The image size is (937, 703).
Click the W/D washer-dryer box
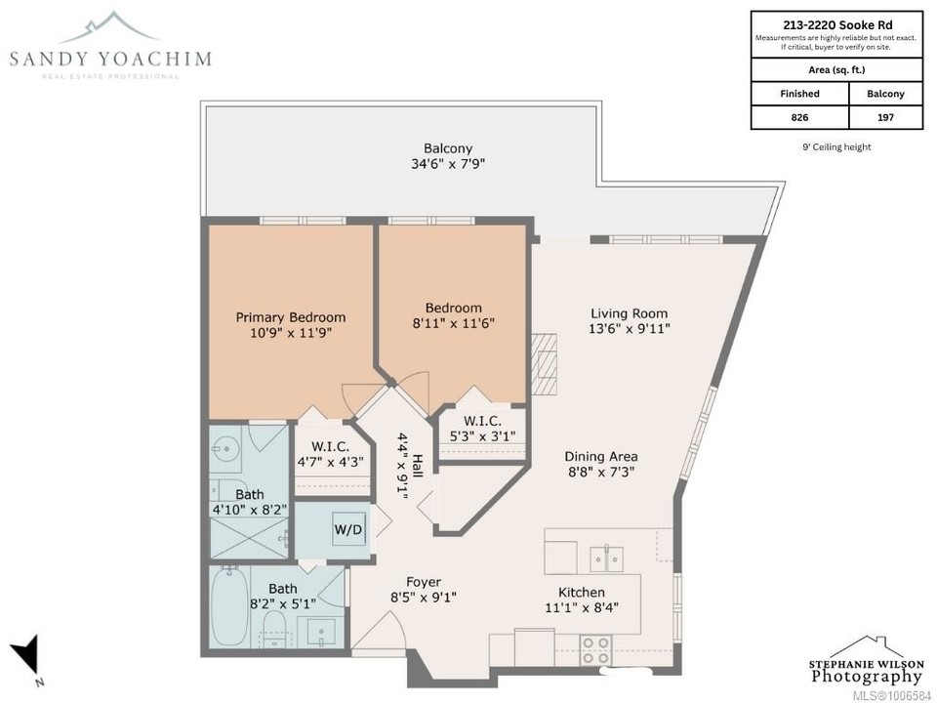[347, 529]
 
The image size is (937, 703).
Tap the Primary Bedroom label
[291, 317]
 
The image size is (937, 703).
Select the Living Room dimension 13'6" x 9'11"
[630, 328]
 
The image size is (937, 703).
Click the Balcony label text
[448, 148]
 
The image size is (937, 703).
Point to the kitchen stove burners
[596, 650]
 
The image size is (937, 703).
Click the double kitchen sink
[606, 558]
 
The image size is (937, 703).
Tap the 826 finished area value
[799, 117]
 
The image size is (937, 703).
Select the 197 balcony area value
[885, 117]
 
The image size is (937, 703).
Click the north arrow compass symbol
[26, 656]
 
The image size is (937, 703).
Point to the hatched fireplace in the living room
[545, 363]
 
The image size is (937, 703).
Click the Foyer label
[424, 582]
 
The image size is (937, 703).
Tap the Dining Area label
[601, 456]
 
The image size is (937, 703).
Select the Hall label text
[418, 467]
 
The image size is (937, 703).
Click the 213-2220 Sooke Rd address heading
[837, 24]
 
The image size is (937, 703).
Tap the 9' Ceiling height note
[836, 147]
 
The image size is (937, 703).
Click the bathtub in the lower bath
[228, 606]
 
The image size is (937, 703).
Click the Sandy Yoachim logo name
[110, 59]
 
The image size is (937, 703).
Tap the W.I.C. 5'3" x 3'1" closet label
[482, 429]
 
